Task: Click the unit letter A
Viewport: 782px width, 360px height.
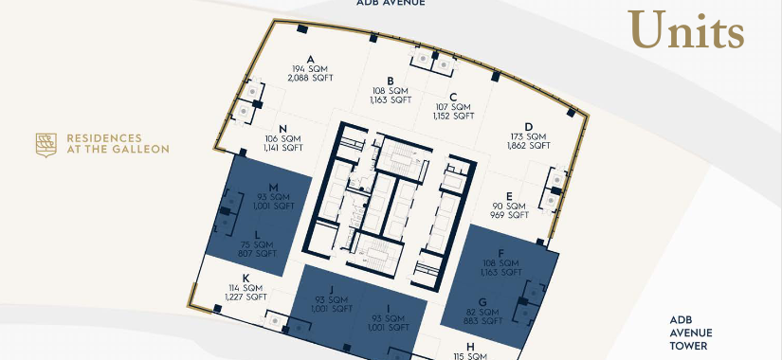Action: [x=310, y=60]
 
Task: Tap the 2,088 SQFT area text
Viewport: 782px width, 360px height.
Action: [x=310, y=79]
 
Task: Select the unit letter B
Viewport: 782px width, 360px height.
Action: [x=391, y=81]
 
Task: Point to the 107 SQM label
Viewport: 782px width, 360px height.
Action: [x=453, y=107]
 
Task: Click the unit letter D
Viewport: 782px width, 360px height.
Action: [x=529, y=127]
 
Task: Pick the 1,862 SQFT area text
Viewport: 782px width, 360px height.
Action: [x=529, y=146]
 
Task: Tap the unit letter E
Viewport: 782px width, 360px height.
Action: [x=509, y=196]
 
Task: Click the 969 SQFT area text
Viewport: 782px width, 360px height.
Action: [x=509, y=215]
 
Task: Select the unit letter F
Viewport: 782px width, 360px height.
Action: [x=501, y=253]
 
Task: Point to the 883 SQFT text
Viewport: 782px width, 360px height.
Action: [x=482, y=321]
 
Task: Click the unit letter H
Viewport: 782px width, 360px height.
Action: [x=470, y=347]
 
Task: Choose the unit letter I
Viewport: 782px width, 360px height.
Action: [x=388, y=309]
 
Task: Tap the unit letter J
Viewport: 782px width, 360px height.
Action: [x=331, y=290]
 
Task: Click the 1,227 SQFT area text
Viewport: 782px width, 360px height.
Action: [x=246, y=297]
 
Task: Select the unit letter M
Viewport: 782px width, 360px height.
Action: [x=273, y=188]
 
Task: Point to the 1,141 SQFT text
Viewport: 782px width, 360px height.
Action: [x=282, y=148]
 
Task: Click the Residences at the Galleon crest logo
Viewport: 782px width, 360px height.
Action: [x=45, y=145]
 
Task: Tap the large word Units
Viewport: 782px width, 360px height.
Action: [x=685, y=30]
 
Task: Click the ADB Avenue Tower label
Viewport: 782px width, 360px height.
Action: [x=691, y=333]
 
